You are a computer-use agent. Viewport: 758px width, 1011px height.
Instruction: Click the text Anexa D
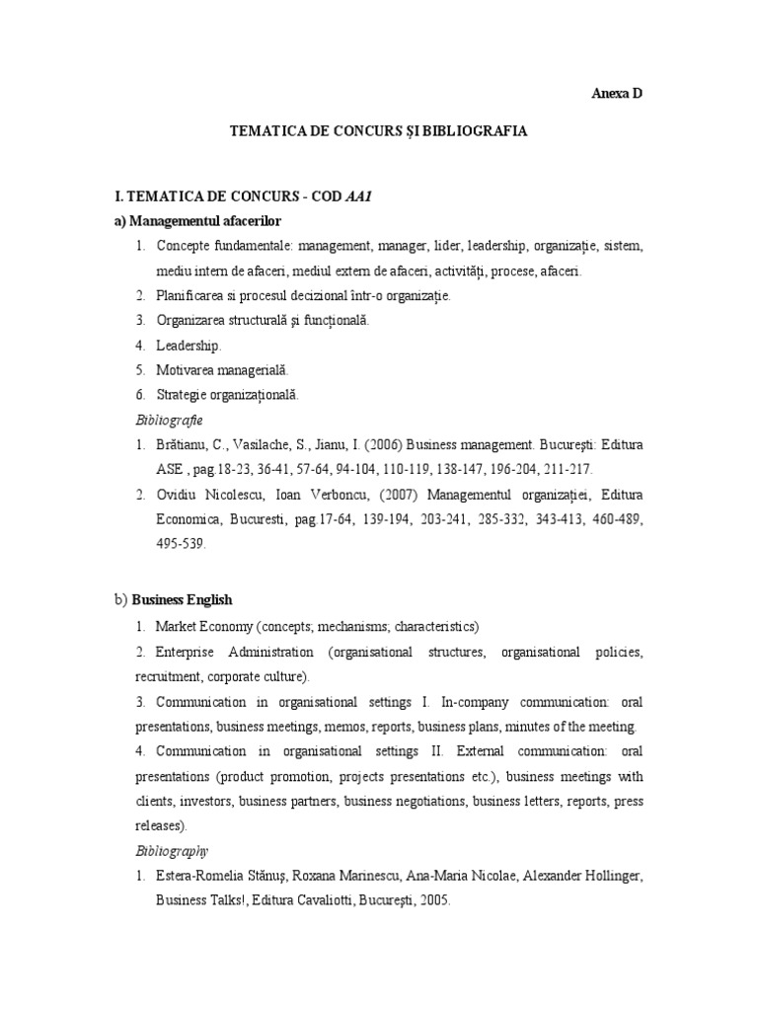coord(617,94)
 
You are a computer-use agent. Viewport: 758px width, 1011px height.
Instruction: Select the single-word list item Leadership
coord(189,345)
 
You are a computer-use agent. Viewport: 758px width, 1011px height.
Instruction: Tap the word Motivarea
coord(186,369)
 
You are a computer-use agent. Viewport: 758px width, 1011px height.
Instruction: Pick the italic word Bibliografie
coord(169,420)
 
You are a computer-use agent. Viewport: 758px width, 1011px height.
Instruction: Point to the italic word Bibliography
coord(172,849)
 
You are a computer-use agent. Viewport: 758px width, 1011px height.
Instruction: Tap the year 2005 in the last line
coord(433,899)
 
